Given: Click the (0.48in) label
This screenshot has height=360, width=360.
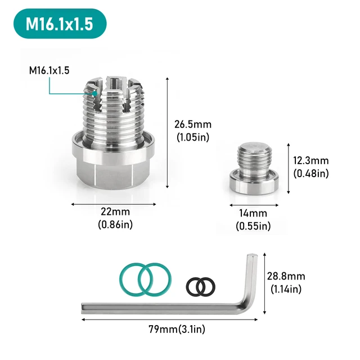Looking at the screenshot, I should point(311,173).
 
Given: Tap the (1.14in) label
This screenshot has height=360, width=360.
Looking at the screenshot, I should point(286,289).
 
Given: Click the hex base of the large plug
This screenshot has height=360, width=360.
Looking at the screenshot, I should point(111,163).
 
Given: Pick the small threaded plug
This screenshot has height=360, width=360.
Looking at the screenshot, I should point(254,169).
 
